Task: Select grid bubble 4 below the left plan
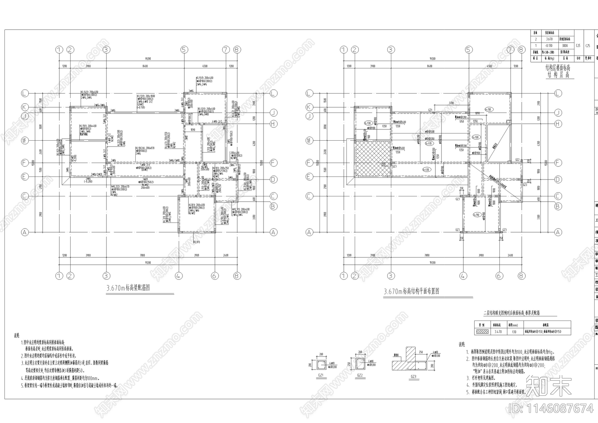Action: point(179,276)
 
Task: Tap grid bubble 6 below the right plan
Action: point(499,276)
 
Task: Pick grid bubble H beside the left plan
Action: point(274,123)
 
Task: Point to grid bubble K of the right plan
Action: point(309,107)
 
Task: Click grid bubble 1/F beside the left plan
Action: point(25,141)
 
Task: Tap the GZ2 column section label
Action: point(360,375)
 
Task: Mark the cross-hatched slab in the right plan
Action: point(373,159)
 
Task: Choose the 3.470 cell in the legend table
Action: point(498,332)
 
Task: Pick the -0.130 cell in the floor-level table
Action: point(549,46)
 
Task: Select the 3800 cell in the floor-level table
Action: point(565,46)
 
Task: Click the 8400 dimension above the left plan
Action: point(145,66)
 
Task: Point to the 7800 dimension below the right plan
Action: point(427,256)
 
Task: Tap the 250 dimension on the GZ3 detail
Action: point(421,352)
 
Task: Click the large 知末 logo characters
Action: point(549,385)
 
